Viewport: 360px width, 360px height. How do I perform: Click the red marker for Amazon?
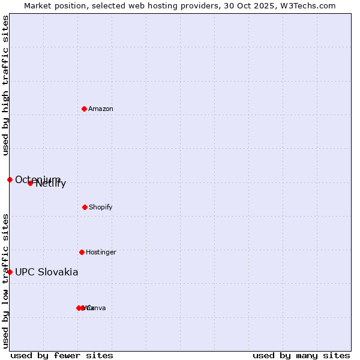(x=84, y=109)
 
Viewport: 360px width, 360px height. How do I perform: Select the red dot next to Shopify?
(x=85, y=207)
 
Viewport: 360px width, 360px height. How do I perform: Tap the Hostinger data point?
(x=82, y=252)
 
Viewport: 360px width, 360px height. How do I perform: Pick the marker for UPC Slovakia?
(x=10, y=272)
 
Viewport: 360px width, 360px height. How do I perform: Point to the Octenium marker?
(x=10, y=179)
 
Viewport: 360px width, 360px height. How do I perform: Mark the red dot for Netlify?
(x=30, y=183)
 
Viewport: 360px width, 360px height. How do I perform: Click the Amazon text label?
(x=101, y=109)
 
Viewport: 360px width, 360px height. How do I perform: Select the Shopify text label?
(x=101, y=207)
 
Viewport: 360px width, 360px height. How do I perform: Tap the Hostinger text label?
(x=101, y=252)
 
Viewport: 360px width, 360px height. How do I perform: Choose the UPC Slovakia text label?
(x=47, y=272)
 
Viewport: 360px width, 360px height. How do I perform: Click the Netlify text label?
(x=51, y=184)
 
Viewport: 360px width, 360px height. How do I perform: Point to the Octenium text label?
(x=37, y=179)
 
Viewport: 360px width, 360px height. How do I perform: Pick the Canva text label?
(x=96, y=308)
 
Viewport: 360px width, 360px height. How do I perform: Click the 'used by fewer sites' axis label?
(x=62, y=355)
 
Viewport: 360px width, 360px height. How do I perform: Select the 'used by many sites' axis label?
(x=301, y=355)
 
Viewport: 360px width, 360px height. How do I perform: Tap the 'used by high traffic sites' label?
(x=6, y=85)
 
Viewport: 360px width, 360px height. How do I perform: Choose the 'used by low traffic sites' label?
(x=6, y=280)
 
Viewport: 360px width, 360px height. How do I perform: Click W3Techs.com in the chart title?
(x=311, y=5)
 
